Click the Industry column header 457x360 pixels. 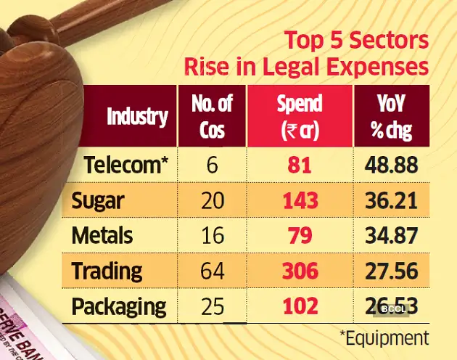(137, 117)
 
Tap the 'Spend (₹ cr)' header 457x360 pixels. (299, 117)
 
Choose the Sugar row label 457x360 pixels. (97, 202)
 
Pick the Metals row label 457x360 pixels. (102, 236)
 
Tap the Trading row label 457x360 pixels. (107, 271)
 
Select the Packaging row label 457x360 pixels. (119, 306)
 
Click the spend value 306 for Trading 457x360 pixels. (299, 271)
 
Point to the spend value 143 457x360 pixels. (299, 202)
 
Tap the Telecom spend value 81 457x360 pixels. (299, 166)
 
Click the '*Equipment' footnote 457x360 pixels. (383, 337)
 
